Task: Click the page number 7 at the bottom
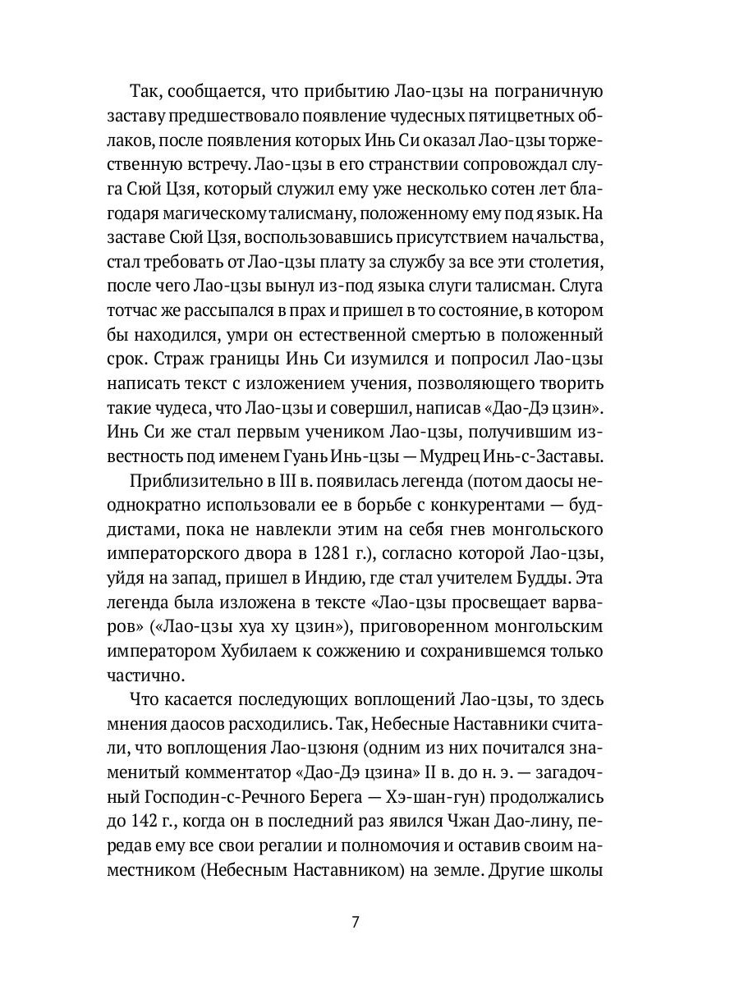point(355,921)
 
